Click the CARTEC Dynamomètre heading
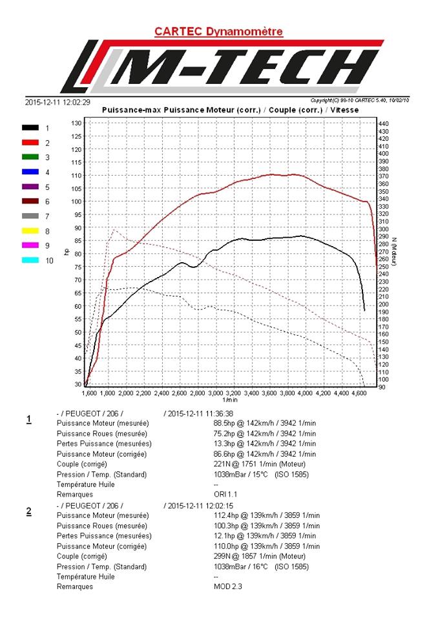point(218,31)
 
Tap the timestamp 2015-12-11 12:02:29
point(57,101)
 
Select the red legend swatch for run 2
point(30,143)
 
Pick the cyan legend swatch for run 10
point(30,260)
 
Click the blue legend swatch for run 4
point(30,172)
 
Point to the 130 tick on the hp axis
point(76,123)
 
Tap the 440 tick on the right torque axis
point(383,123)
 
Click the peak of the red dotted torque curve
point(114,229)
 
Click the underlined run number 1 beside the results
point(29,420)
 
